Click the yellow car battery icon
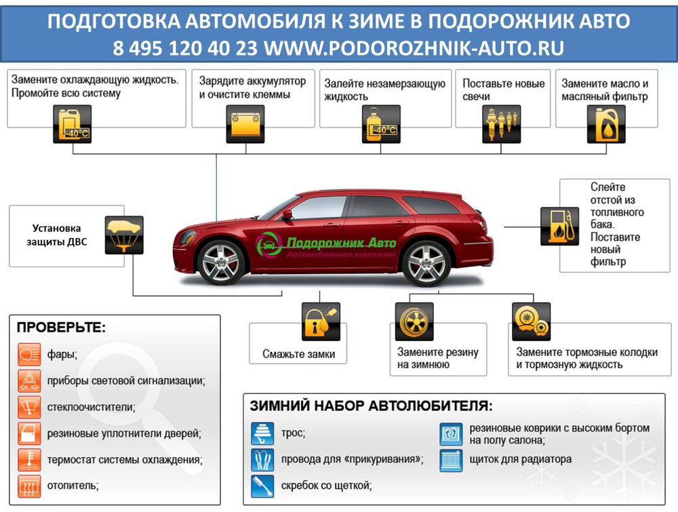(x=245, y=124)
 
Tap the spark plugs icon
(x=501, y=124)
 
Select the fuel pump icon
(x=559, y=227)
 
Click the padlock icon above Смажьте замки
(x=321, y=321)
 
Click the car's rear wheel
(x=426, y=263)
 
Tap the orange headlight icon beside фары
(x=29, y=355)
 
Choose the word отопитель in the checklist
(x=73, y=486)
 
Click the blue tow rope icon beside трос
(x=262, y=434)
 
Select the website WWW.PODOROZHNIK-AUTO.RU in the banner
(x=414, y=47)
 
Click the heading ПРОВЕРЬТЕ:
(x=61, y=328)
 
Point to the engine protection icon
(x=124, y=235)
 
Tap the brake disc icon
(x=531, y=321)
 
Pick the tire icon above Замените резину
(x=414, y=321)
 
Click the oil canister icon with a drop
(x=606, y=124)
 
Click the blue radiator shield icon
(x=451, y=460)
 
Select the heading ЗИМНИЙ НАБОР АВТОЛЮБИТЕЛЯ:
(x=371, y=406)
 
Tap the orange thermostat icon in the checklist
(x=29, y=460)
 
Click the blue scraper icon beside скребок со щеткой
(x=262, y=486)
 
